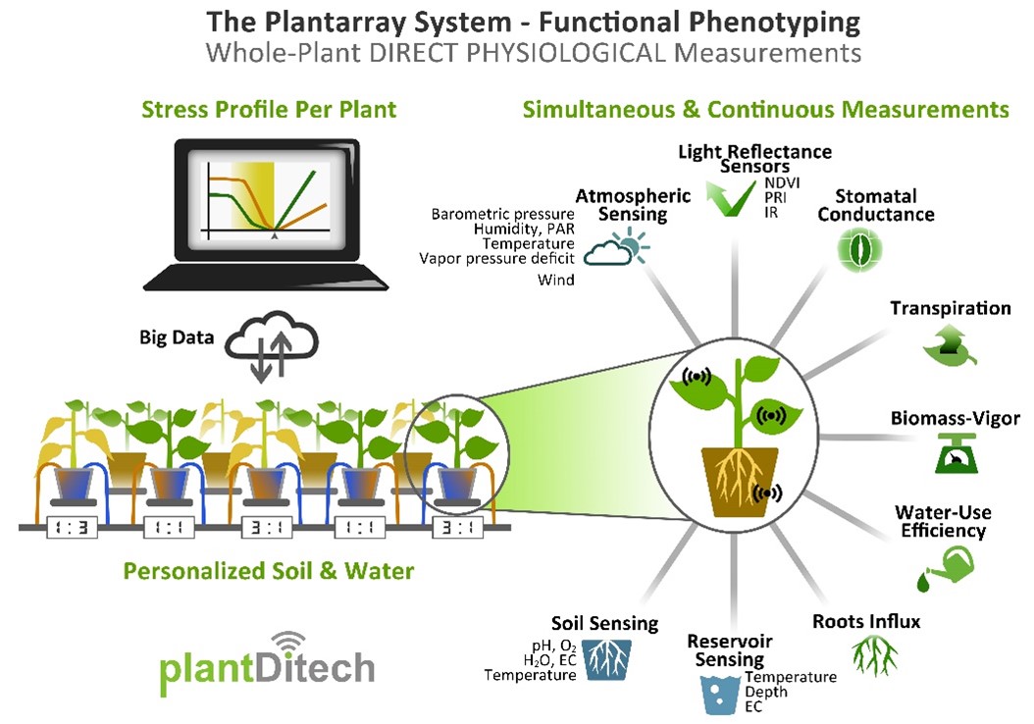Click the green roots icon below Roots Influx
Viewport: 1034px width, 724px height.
coord(866,652)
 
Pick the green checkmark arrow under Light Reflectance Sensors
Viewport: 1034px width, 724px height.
coord(731,195)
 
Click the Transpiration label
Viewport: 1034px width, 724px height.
coord(950,309)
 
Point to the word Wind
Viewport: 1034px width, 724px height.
coord(555,281)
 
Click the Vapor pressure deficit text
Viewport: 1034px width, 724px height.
coord(496,259)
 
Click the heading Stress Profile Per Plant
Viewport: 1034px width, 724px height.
coord(269,109)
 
